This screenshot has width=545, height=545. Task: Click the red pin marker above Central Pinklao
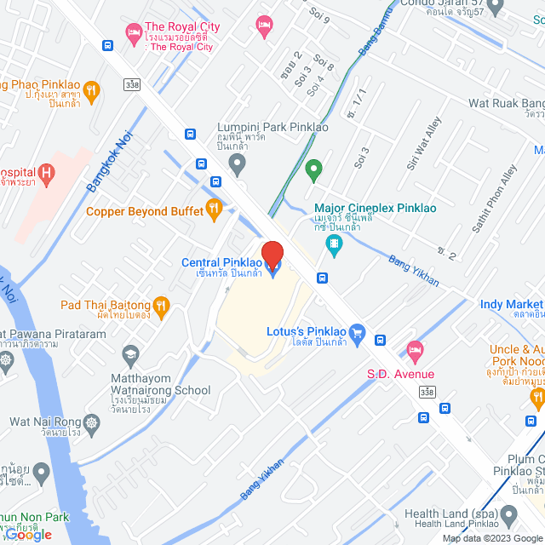(272, 255)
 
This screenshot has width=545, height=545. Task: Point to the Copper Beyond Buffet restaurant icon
(215, 207)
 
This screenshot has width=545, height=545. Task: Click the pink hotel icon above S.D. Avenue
(415, 349)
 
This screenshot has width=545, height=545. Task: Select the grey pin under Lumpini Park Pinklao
(238, 162)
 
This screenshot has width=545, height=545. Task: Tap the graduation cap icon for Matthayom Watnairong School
(130, 353)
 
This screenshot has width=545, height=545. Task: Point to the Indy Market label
(511, 304)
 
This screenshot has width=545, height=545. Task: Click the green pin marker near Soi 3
(313, 170)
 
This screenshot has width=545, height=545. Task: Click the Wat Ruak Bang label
(506, 103)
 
